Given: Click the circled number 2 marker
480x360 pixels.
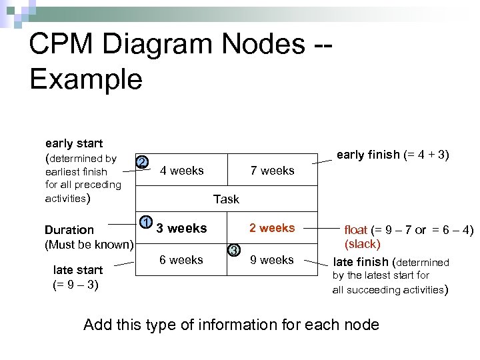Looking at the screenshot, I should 141,163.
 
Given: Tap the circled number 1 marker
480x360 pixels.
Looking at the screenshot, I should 145,222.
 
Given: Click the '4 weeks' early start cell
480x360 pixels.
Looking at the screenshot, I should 182,171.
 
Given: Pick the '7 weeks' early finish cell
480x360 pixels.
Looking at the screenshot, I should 272,171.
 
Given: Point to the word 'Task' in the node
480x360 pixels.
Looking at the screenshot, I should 226,199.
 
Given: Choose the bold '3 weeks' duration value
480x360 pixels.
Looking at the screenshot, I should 181,228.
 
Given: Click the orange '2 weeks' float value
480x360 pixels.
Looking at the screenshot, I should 272,228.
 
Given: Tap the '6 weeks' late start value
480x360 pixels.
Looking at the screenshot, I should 181,260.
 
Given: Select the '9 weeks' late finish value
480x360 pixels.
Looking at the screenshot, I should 272,260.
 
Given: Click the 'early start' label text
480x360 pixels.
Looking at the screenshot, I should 73,143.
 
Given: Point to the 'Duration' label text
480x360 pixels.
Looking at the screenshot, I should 69,230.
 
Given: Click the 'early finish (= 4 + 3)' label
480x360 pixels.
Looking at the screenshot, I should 393,155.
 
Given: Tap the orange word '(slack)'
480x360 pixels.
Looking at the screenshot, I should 362,244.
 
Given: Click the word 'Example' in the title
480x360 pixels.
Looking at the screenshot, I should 86,79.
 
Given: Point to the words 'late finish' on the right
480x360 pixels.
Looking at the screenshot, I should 361,262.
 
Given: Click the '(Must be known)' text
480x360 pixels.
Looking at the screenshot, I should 89,244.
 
